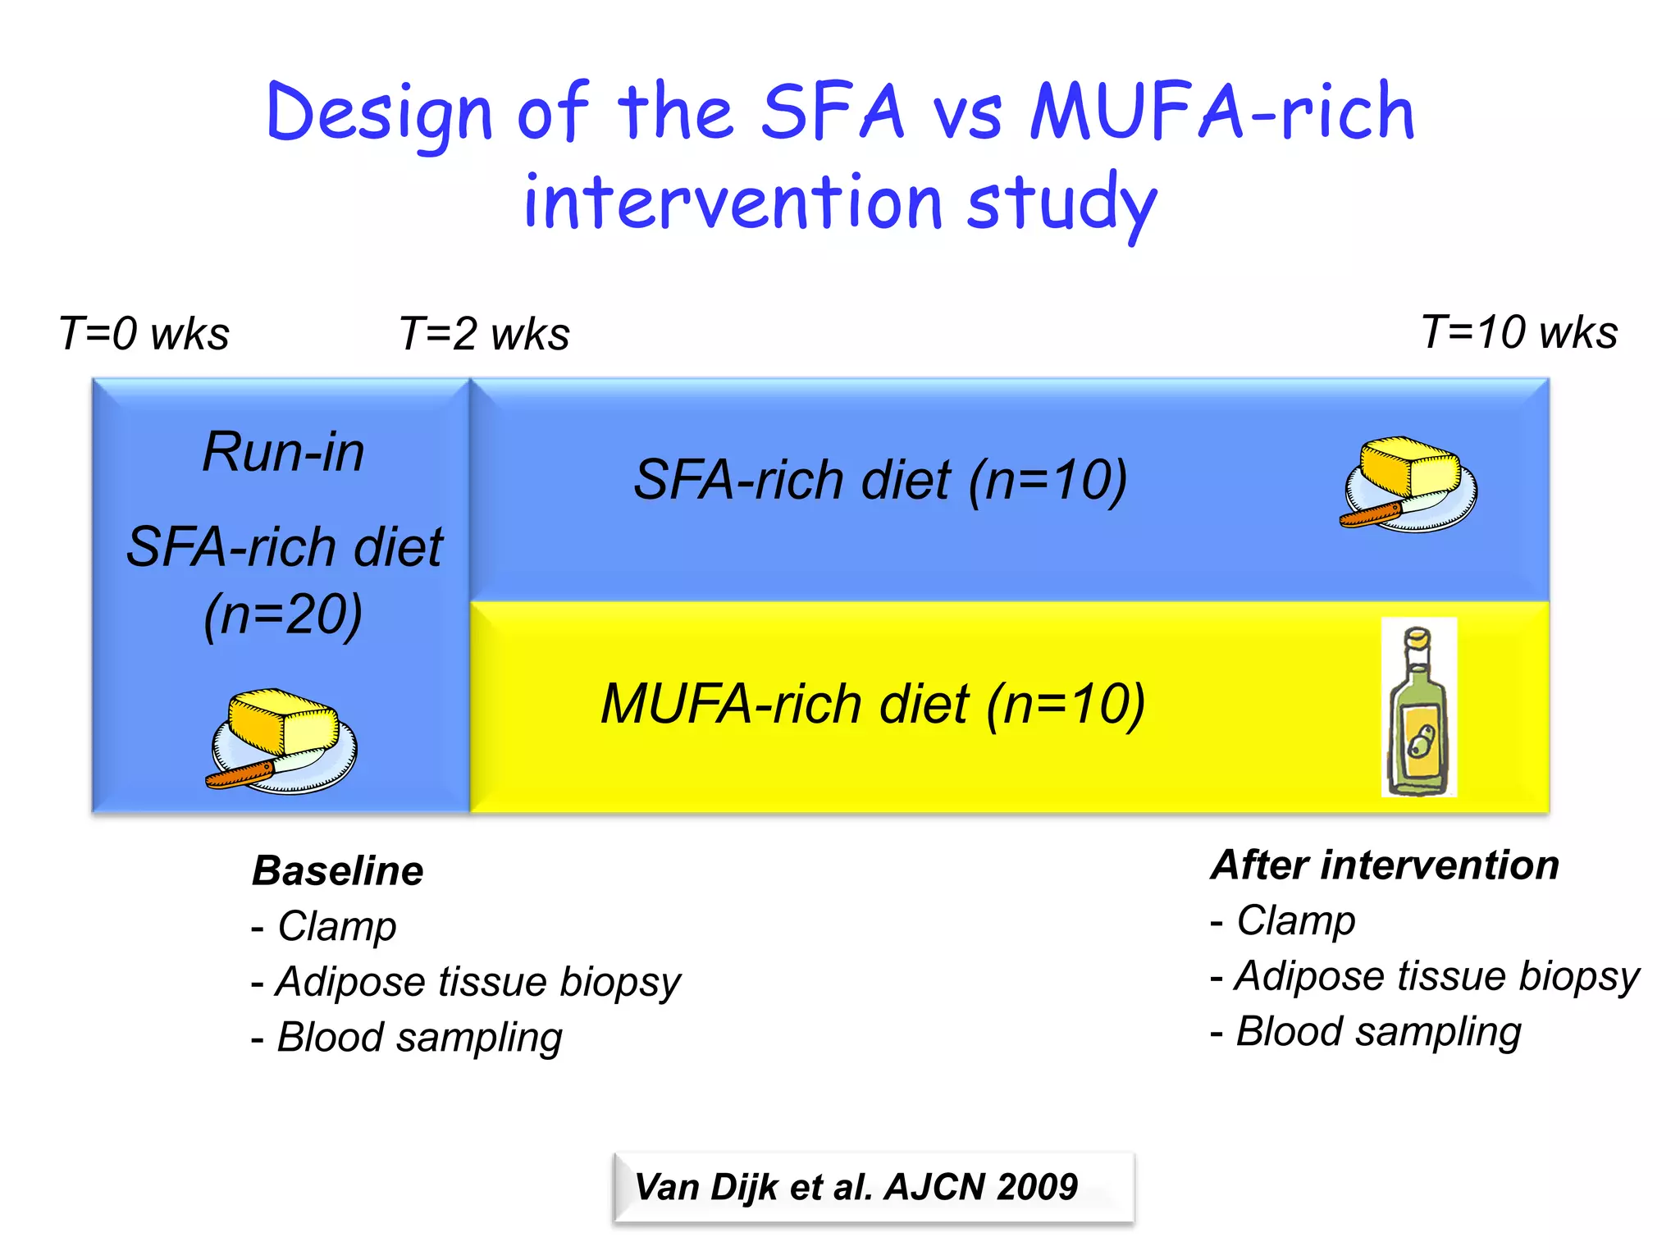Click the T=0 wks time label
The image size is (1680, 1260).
click(x=144, y=334)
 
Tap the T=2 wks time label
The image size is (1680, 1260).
click(x=484, y=334)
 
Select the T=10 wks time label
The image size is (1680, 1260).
click(x=1519, y=332)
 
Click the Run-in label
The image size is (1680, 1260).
click(x=284, y=452)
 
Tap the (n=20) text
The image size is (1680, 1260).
click(x=283, y=614)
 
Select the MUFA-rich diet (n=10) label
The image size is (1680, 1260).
click(x=873, y=704)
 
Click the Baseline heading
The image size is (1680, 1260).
click(x=338, y=870)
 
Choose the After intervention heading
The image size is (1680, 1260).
click(x=1385, y=865)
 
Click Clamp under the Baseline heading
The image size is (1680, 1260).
click(x=337, y=926)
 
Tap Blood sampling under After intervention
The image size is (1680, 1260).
click(x=1378, y=1032)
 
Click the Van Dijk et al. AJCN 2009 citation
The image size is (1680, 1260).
click(x=856, y=1187)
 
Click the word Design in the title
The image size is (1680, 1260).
click(x=379, y=115)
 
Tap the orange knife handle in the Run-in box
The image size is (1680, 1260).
click(x=240, y=774)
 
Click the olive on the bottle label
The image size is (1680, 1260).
click(x=1418, y=742)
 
